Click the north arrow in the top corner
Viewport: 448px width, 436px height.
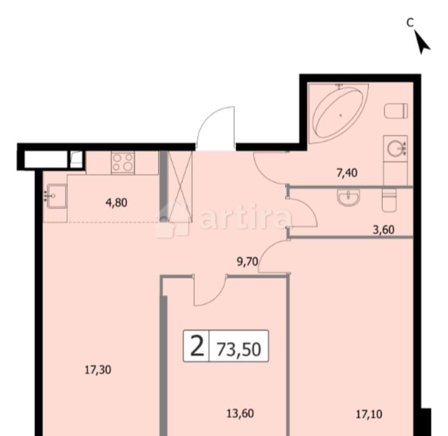click(423, 42)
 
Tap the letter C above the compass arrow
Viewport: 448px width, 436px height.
click(410, 22)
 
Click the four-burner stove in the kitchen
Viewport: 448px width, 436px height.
click(122, 162)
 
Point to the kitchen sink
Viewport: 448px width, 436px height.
click(56, 196)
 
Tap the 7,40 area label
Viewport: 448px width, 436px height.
click(346, 173)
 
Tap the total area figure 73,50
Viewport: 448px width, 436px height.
click(239, 349)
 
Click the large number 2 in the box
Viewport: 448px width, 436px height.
click(197, 346)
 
